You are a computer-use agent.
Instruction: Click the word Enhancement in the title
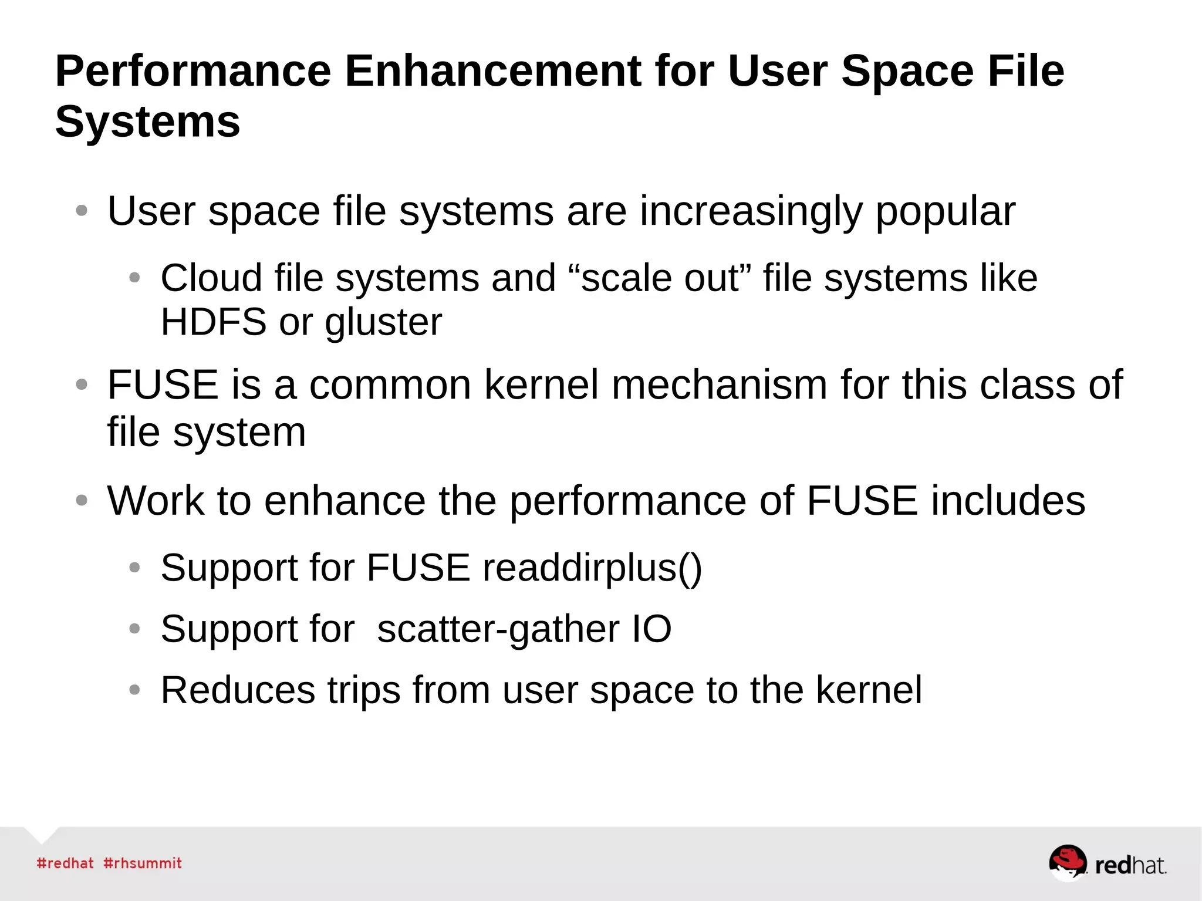(x=492, y=71)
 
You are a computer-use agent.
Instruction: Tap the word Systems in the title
(x=147, y=122)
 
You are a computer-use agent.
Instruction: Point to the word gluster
(x=383, y=323)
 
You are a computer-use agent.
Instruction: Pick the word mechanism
(x=720, y=385)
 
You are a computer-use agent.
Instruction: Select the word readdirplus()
(x=592, y=568)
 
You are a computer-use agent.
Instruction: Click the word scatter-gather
(x=498, y=629)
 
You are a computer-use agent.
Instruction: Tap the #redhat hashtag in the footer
(x=65, y=863)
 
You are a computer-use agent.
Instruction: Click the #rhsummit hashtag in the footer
(x=143, y=863)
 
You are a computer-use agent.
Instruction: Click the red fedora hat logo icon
(x=1068, y=861)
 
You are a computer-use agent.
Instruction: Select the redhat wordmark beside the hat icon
(x=1130, y=865)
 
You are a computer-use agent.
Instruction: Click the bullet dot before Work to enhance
(x=82, y=501)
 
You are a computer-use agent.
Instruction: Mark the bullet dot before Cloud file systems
(x=134, y=278)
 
